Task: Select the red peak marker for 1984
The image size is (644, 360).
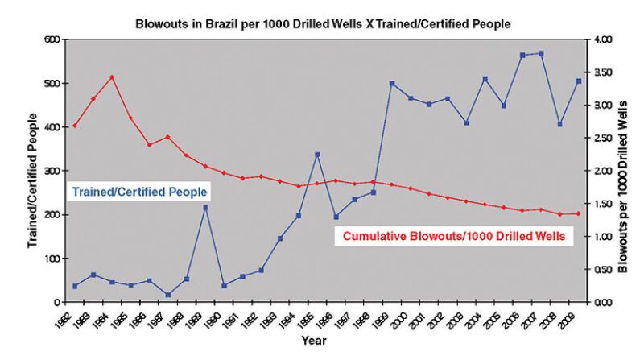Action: point(112,77)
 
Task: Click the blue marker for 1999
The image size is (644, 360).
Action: point(392,84)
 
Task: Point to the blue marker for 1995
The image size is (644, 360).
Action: point(317,155)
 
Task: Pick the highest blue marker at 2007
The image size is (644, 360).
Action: point(541,54)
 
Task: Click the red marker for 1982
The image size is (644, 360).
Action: point(75,126)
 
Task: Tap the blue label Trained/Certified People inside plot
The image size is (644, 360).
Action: point(140,192)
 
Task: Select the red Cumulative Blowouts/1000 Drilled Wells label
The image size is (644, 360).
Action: point(453,237)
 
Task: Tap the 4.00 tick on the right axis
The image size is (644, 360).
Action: point(603,39)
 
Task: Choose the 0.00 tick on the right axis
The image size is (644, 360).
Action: point(603,302)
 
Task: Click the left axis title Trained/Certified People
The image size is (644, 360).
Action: point(32,171)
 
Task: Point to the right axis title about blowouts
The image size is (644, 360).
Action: point(623,171)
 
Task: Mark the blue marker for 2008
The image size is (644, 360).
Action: point(559,124)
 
